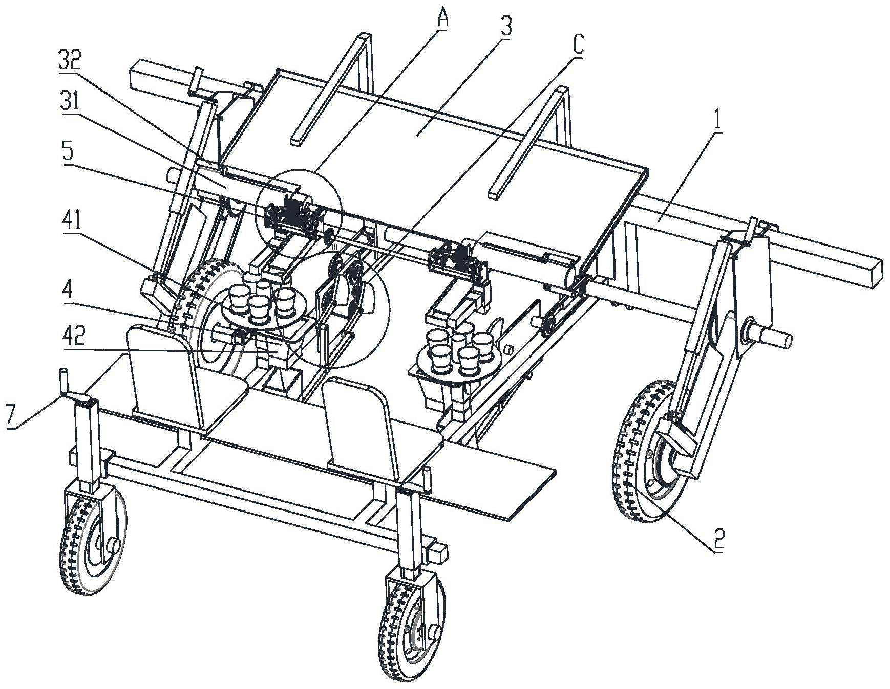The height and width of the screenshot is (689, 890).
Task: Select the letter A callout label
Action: pyautogui.click(x=442, y=19)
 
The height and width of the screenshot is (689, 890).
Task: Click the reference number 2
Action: pyautogui.click(x=718, y=540)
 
